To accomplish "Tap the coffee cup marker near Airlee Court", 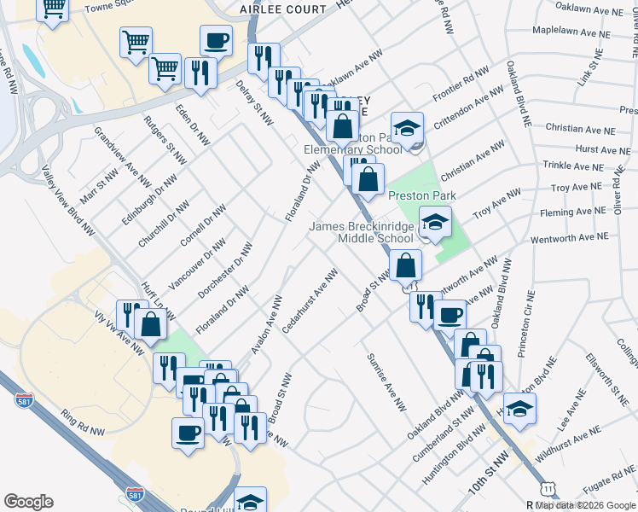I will (216, 40).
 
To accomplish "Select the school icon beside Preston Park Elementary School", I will (408, 129).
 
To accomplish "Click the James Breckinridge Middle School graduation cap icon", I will (435, 224).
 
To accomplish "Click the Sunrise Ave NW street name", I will (386, 381).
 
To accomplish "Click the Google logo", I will (29, 501).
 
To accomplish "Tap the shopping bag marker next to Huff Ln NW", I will (151, 326).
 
